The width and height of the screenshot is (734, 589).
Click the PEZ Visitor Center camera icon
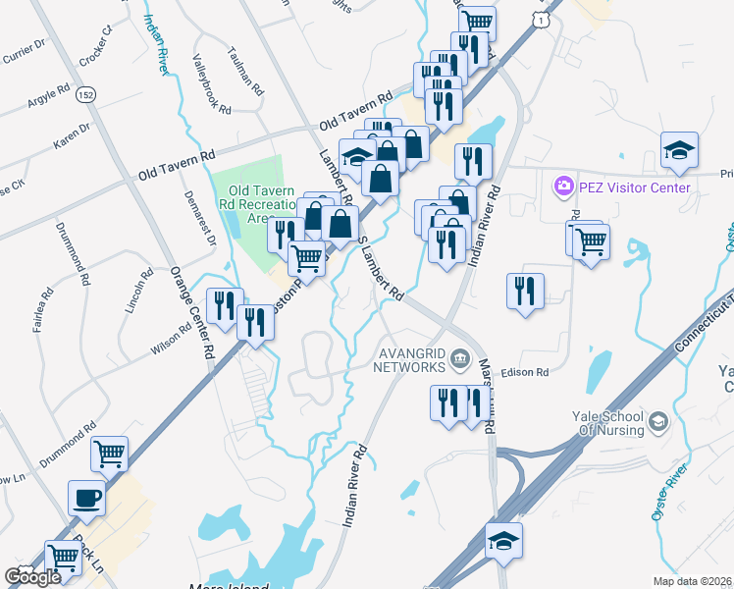563,186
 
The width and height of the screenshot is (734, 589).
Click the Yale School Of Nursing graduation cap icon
657,422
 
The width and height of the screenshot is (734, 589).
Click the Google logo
33,577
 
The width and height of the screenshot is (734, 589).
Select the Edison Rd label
524,372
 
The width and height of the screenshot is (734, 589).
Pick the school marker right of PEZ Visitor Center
679,149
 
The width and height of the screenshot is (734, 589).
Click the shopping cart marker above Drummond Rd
110,453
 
